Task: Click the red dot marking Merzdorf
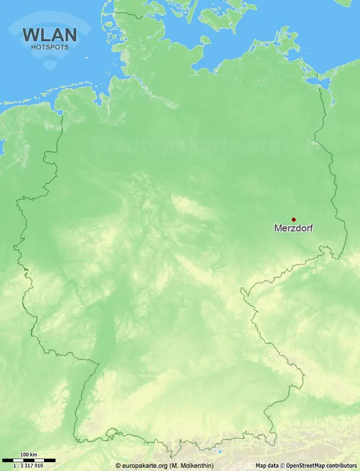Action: (x=294, y=219)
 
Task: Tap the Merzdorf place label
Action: (x=293, y=228)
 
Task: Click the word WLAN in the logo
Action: (x=50, y=35)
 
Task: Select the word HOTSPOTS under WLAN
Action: (x=50, y=47)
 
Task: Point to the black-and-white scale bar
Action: (x=28, y=460)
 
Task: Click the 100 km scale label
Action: (x=28, y=455)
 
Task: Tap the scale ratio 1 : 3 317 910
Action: (x=28, y=465)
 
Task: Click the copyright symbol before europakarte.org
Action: (x=118, y=465)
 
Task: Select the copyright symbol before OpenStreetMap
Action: (x=282, y=465)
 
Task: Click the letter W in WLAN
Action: (x=31, y=35)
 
